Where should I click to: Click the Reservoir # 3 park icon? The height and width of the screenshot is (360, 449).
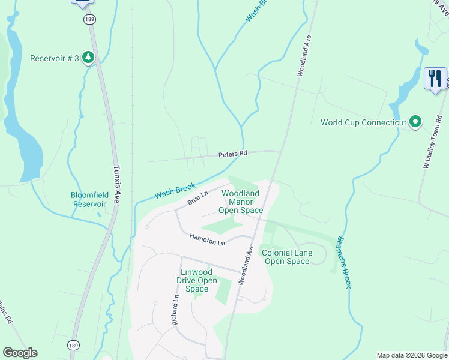click(88, 58)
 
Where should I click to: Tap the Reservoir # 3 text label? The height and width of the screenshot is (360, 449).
click(55, 58)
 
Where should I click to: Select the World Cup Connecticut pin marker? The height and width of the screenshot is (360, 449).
click(415, 122)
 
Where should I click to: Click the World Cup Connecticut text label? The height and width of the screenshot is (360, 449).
click(364, 122)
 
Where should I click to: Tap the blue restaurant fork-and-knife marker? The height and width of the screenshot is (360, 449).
click(435, 78)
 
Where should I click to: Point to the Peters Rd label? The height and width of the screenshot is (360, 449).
click(233, 154)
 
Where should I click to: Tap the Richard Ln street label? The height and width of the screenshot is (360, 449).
click(175, 310)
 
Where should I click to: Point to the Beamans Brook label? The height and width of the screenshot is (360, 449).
click(343, 262)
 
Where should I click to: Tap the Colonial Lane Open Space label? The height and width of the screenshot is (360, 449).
click(287, 257)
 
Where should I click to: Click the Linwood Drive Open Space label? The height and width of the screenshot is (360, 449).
click(196, 280)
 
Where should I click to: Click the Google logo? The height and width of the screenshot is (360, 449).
click(20, 353)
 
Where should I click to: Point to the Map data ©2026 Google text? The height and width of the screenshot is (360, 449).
click(411, 355)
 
